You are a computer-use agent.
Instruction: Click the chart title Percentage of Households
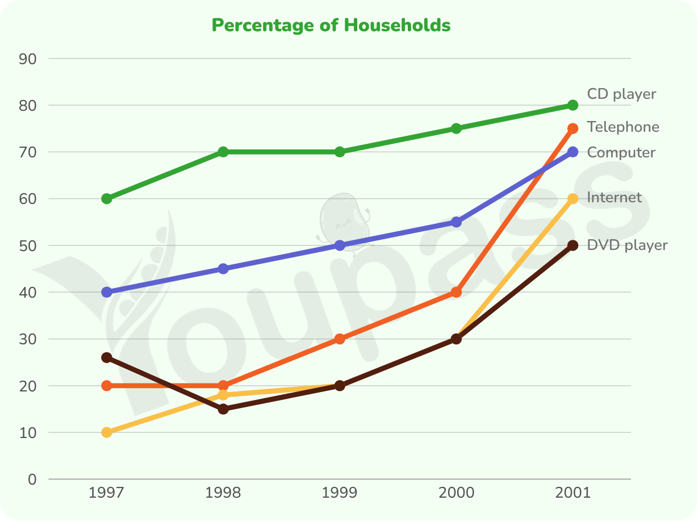pyautogui.click(x=331, y=26)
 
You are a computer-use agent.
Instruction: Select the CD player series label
pyautogui.click(x=621, y=94)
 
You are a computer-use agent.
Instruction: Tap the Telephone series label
pyautogui.click(x=623, y=127)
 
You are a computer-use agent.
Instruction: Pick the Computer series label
pyautogui.click(x=621, y=153)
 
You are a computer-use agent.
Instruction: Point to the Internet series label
pyautogui.click(x=614, y=198)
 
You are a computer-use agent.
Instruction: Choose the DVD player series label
pyautogui.click(x=627, y=245)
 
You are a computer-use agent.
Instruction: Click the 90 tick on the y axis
pyautogui.click(x=28, y=59)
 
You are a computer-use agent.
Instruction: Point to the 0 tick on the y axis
pyautogui.click(x=32, y=480)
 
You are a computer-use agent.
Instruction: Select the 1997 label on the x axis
pyautogui.click(x=106, y=493)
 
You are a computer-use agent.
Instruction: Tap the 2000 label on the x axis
pyautogui.click(x=456, y=493)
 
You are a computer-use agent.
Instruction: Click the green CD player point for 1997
pyautogui.click(x=107, y=199)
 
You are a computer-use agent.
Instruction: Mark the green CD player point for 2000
pyautogui.click(x=456, y=128)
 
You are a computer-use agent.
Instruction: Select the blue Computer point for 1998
pyautogui.click(x=223, y=269)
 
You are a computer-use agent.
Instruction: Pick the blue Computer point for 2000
pyautogui.click(x=456, y=222)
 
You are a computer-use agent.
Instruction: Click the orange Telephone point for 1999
pyautogui.click(x=340, y=339)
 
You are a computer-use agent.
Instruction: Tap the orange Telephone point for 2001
pyautogui.click(x=572, y=128)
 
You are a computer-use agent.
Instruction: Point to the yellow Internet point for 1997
pyautogui.click(x=107, y=432)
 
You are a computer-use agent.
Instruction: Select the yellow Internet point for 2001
pyautogui.click(x=572, y=199)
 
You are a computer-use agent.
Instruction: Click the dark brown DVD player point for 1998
pyautogui.click(x=223, y=409)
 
